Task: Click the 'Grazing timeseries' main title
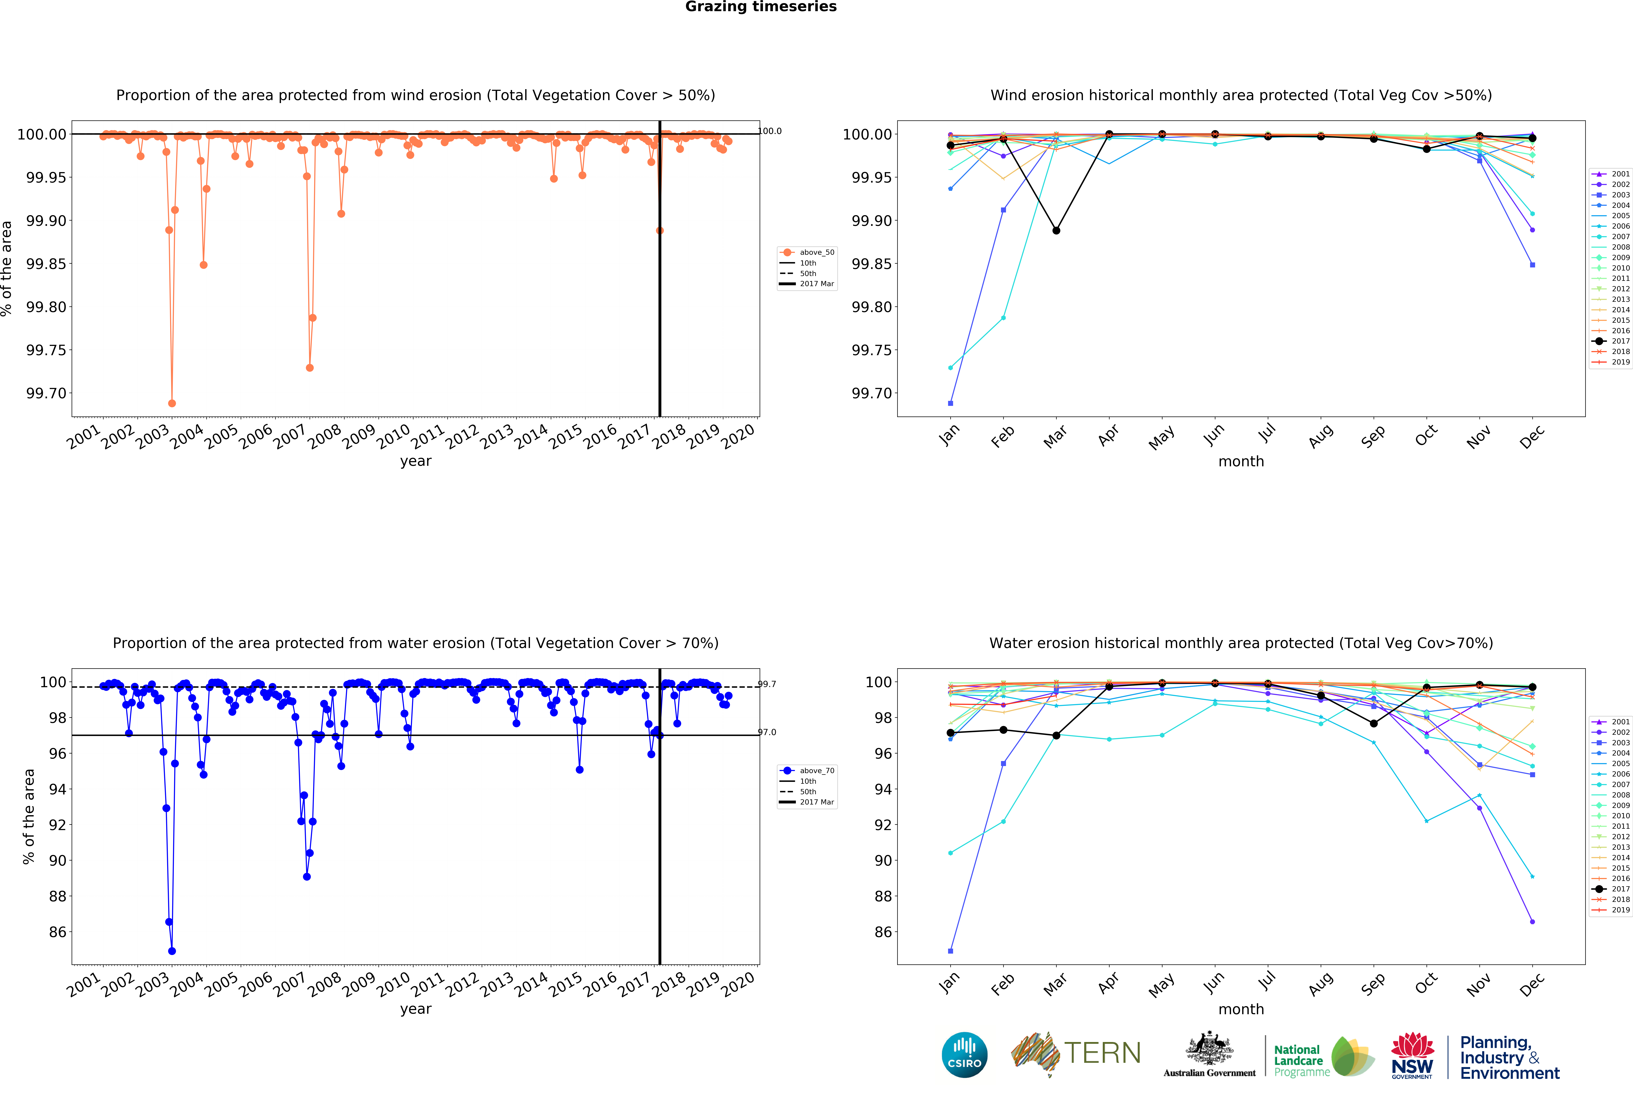[x=760, y=7]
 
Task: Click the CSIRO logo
[x=964, y=1054]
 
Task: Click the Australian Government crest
[x=1209, y=1049]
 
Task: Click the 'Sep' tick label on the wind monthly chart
[x=1373, y=437]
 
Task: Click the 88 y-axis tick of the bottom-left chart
[x=58, y=896]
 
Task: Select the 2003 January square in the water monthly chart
[x=950, y=951]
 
